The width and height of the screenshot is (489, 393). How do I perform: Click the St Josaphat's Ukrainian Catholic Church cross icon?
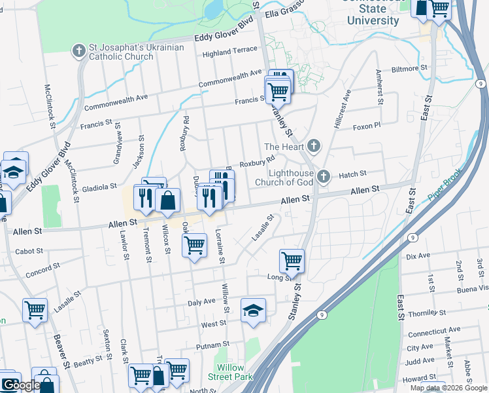(x=78, y=50)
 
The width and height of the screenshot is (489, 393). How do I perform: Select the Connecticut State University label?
(x=373, y=15)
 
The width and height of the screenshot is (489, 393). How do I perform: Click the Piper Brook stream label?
(x=445, y=187)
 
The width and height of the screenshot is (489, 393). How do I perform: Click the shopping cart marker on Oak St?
(x=194, y=246)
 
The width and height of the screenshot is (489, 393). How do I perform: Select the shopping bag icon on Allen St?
(x=168, y=202)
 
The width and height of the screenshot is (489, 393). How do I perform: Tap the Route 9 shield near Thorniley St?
(x=321, y=314)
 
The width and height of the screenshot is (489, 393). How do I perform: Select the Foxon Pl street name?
(x=366, y=127)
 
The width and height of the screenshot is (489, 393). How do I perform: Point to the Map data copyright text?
(x=449, y=388)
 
